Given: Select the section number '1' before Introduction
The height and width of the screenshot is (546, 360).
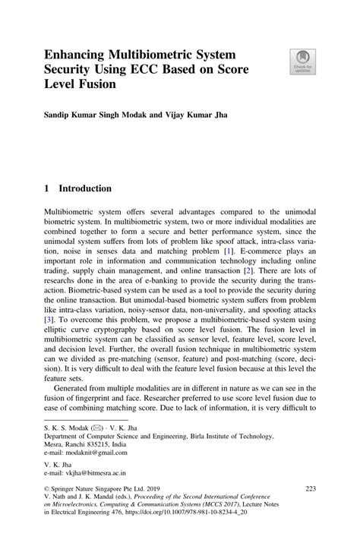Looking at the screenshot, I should (46, 188).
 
